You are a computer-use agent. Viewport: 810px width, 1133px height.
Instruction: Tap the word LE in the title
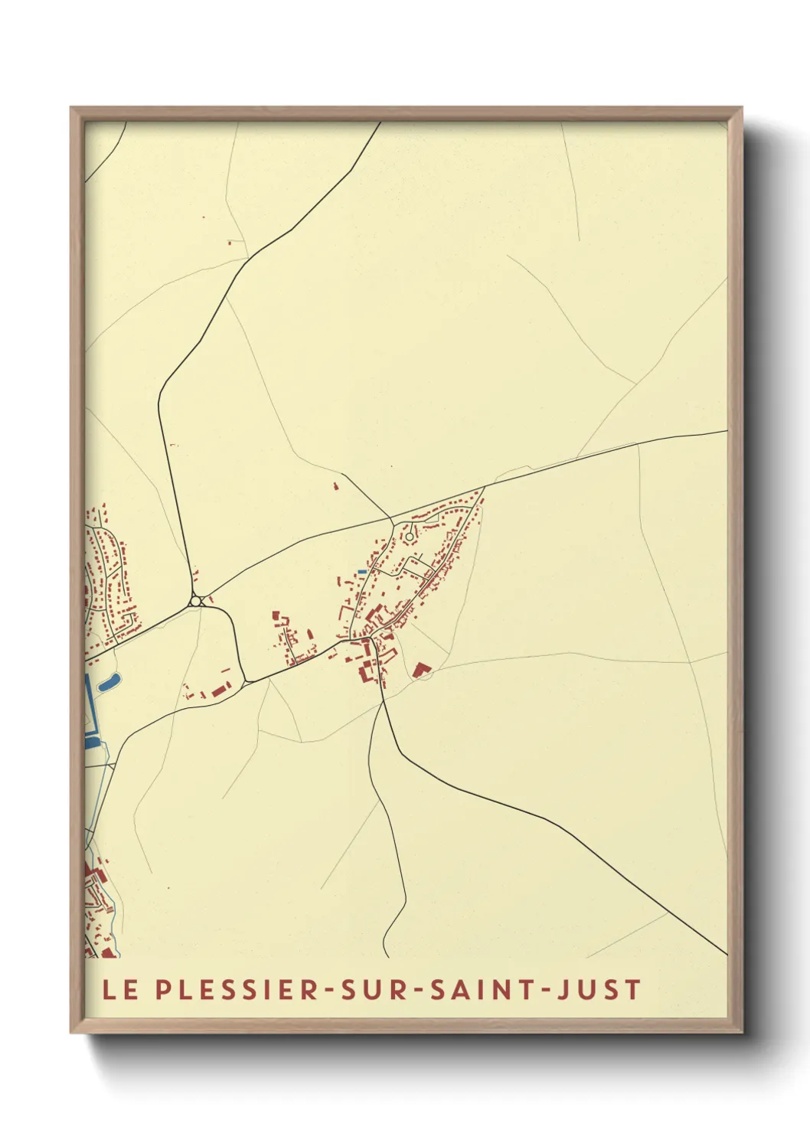pyautogui.click(x=120, y=990)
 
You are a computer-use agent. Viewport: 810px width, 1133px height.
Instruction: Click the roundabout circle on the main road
pyautogui.click(x=196, y=601)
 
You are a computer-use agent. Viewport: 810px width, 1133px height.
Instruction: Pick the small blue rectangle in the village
pyautogui.click(x=361, y=572)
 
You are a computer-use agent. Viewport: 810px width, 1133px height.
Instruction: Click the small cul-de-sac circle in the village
pyautogui.click(x=410, y=537)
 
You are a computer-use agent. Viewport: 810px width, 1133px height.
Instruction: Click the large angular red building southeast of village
pyautogui.click(x=418, y=670)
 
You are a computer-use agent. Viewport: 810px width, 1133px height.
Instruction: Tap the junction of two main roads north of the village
pyautogui.click(x=393, y=521)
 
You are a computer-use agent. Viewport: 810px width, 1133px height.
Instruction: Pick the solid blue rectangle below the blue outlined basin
pyautogui.click(x=91, y=741)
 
